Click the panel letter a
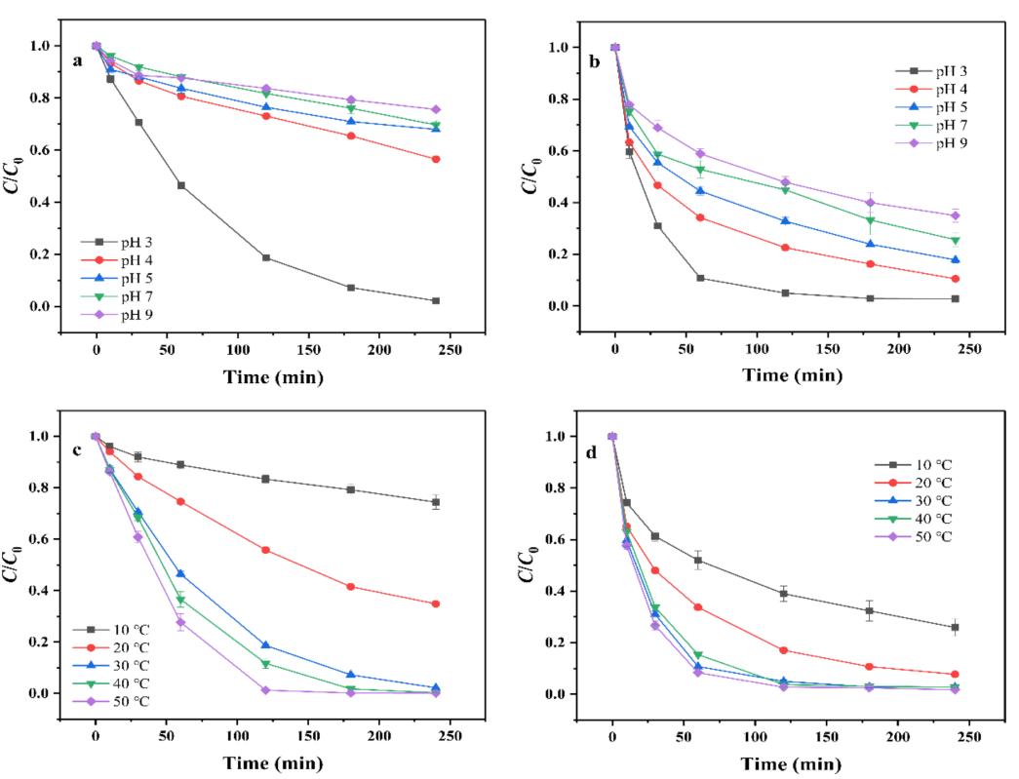point(77,59)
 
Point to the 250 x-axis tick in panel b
point(970,347)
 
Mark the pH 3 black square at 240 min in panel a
point(435,300)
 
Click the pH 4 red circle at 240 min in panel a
point(435,160)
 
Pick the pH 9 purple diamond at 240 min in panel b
point(956,215)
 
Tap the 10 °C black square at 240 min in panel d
point(956,627)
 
